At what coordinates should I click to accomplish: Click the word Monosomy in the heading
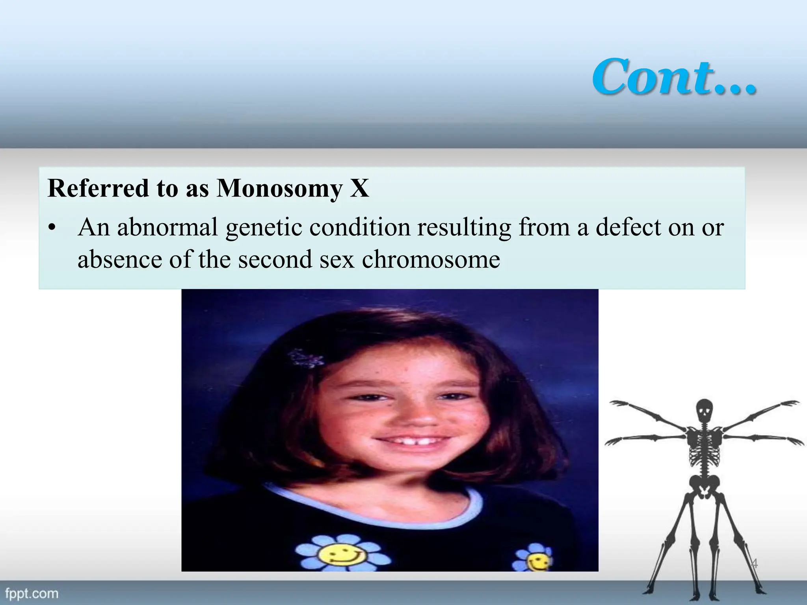(x=279, y=188)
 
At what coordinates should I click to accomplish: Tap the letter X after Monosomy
(x=359, y=188)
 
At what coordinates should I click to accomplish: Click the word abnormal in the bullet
(x=167, y=227)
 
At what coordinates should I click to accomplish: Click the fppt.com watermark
(x=32, y=594)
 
